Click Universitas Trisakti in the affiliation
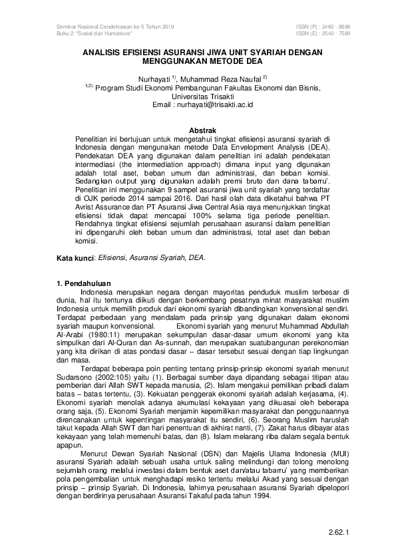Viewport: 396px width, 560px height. point(198,96)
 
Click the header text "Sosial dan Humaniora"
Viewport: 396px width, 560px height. point(97,33)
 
